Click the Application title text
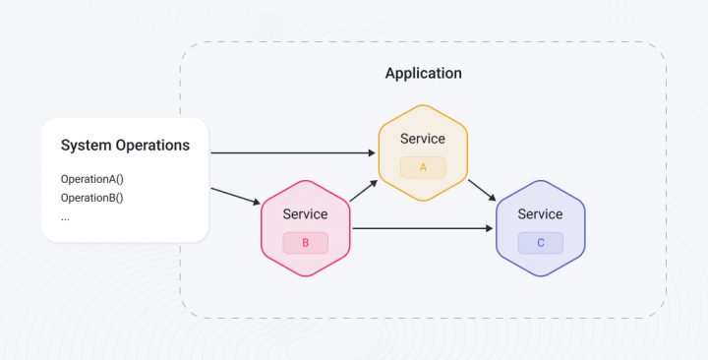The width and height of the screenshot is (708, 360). coord(423,74)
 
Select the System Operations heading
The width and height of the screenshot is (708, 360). coord(125,146)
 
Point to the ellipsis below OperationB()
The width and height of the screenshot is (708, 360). coord(65,216)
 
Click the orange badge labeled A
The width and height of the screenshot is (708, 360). coord(423,167)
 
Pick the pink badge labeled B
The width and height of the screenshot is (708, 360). coord(305,242)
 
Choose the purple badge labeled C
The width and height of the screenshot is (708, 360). coord(540,242)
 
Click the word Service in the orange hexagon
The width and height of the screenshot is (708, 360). coord(423,139)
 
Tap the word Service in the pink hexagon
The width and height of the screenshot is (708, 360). coord(305,213)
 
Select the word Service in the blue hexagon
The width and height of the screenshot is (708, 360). coord(540,213)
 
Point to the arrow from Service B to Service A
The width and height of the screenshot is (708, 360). coord(363,191)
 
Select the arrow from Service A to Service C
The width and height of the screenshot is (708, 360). coord(482,191)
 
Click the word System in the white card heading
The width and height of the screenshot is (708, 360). coord(84,146)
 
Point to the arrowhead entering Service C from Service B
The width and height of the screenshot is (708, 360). coord(488,229)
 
